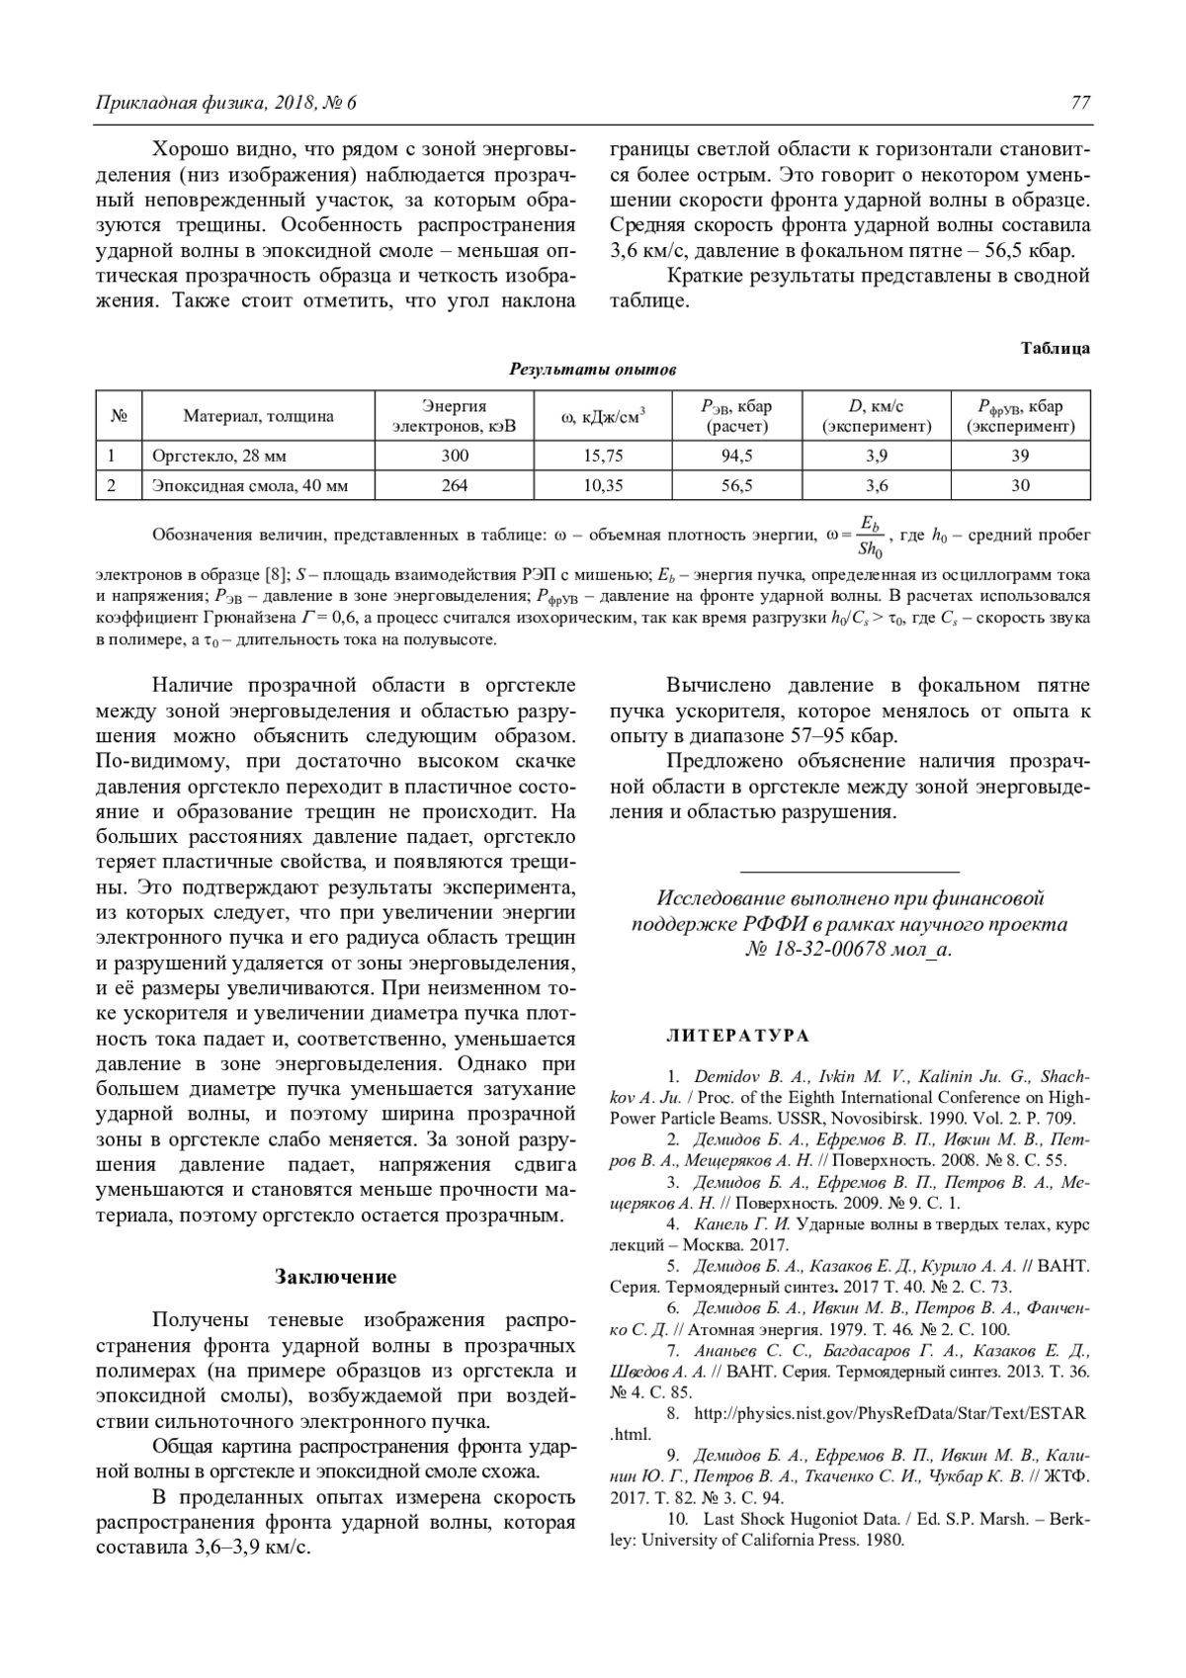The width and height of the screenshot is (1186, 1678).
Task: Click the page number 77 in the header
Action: [x=1079, y=103]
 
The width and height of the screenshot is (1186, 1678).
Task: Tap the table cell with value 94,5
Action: [x=736, y=456]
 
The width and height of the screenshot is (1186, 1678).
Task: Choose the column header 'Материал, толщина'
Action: [x=258, y=416]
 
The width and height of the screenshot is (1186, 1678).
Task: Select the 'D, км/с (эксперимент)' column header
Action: [x=877, y=416]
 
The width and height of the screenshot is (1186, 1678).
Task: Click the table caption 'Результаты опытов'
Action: [x=592, y=370]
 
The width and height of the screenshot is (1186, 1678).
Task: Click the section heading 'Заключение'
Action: [x=335, y=1276]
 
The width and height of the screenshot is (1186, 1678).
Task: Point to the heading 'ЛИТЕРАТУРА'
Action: [x=738, y=1036]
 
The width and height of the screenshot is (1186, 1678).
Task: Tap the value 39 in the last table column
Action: [x=1020, y=456]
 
